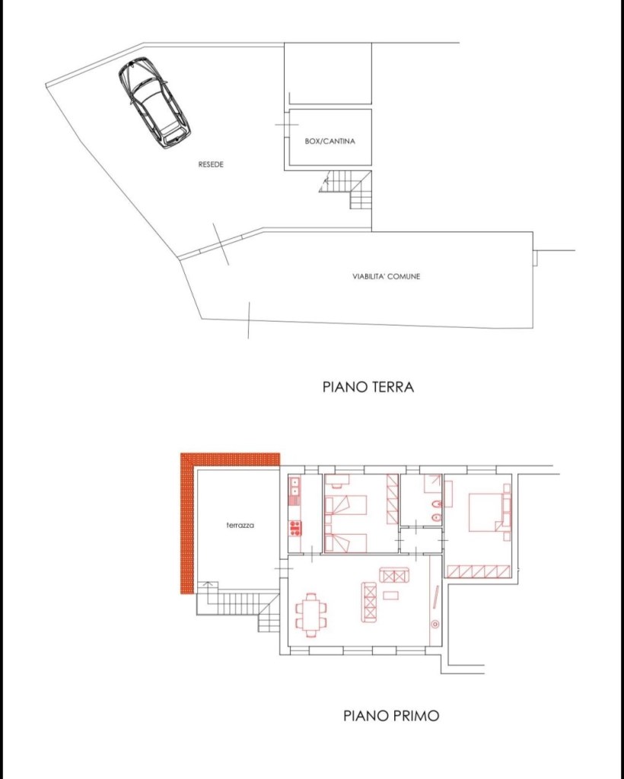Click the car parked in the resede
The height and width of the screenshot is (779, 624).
154,103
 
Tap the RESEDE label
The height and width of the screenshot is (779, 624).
211,164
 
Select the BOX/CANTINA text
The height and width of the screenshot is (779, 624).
330,141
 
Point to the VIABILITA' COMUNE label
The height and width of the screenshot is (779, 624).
386,276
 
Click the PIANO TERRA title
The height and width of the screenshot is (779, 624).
368,387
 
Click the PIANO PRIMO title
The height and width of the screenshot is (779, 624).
391,716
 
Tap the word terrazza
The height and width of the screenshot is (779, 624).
240,525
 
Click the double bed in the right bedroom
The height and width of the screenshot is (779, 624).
485,512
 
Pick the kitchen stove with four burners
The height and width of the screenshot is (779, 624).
295,527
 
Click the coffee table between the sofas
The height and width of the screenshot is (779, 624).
390,595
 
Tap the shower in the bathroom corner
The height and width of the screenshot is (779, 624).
433,482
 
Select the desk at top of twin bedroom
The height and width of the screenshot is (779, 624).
339,479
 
